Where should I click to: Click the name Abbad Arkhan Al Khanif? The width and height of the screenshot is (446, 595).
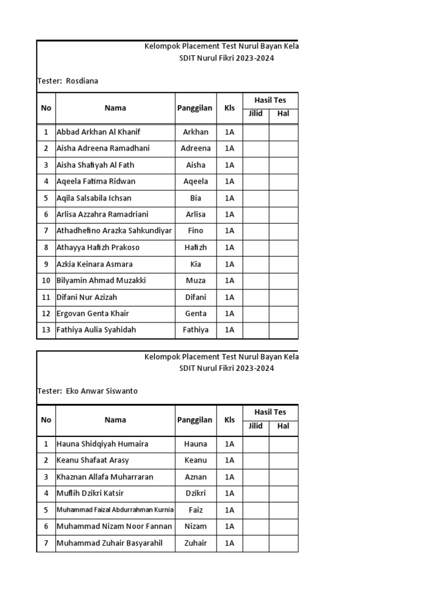98,132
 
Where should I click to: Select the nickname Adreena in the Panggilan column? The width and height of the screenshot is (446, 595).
196,148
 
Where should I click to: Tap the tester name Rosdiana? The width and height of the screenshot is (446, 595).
81,81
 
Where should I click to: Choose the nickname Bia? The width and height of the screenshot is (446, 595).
196,198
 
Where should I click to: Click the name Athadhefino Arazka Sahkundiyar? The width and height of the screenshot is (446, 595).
114,231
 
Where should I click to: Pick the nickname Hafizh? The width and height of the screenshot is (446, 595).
196,247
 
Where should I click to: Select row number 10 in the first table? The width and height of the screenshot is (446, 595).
46,281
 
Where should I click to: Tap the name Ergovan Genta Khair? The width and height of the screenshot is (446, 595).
92,314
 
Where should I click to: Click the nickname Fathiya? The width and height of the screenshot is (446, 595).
196,330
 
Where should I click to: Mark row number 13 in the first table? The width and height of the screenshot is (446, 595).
46,330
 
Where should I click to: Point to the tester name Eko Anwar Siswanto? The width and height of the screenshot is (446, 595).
101,391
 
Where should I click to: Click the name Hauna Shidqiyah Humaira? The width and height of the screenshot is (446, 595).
102,444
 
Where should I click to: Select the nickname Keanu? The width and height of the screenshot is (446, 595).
196,460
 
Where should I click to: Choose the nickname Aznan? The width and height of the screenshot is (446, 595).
196,477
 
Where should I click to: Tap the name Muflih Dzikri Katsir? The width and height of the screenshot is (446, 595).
90,493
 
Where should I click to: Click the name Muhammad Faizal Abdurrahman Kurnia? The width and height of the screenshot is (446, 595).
115,510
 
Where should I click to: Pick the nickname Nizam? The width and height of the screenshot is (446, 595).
196,526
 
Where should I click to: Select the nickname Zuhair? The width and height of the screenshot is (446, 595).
196,543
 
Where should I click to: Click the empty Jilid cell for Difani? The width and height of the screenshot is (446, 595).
256,297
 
